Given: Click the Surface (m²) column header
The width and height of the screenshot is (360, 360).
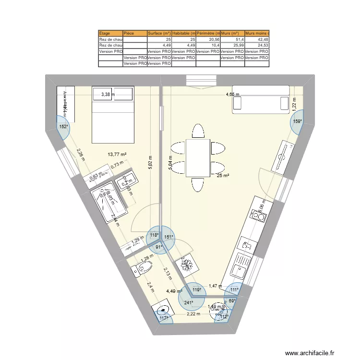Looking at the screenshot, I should point(159,34).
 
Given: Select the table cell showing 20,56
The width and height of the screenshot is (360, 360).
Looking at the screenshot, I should point(208,39).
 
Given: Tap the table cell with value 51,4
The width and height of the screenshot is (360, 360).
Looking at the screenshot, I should point(232,39).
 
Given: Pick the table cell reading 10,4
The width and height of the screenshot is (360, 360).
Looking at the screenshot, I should point(208,46).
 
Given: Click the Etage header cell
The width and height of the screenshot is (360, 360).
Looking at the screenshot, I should point(110,34).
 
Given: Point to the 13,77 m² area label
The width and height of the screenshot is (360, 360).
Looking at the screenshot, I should point(117,154).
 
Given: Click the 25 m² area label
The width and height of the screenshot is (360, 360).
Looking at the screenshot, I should point(222,176).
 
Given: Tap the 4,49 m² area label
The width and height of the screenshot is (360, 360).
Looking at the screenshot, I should point(174,291).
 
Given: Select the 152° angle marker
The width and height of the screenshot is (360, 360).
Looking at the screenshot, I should point(63,127).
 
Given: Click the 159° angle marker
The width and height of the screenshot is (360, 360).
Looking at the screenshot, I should point(298,121).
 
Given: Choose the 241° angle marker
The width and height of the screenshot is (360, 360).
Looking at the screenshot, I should point(190,302).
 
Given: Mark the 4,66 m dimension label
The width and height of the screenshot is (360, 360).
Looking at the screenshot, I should point(233,95).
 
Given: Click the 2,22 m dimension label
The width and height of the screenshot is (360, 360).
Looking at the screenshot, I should point(193,314).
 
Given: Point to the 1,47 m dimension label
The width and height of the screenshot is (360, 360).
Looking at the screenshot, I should point(215,286).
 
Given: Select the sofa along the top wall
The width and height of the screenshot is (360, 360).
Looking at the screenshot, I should point(261,100).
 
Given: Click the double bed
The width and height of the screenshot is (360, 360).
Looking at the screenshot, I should point(112,115).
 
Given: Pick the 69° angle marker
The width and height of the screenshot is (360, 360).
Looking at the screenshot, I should point(231,300).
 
